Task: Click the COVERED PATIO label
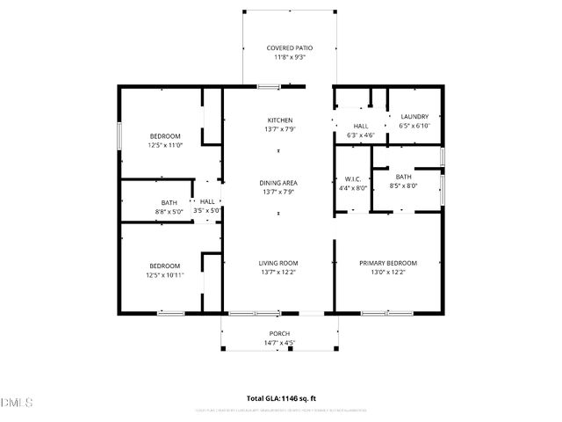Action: tap(289, 47)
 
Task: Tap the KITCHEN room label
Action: tap(280, 120)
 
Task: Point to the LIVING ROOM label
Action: tap(278, 263)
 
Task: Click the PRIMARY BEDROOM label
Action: tap(387, 263)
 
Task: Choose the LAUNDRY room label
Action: tap(414, 116)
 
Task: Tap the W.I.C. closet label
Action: tap(353, 178)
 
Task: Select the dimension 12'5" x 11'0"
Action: tap(164, 145)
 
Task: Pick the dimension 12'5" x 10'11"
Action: tap(165, 275)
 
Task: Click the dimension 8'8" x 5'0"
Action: tap(169, 211)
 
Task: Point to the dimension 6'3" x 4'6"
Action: tap(361, 135)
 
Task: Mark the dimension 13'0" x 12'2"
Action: tap(387, 273)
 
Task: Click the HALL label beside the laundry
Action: tap(361, 126)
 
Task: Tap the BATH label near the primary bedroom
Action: tap(403, 177)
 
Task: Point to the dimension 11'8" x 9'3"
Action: tap(289, 57)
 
